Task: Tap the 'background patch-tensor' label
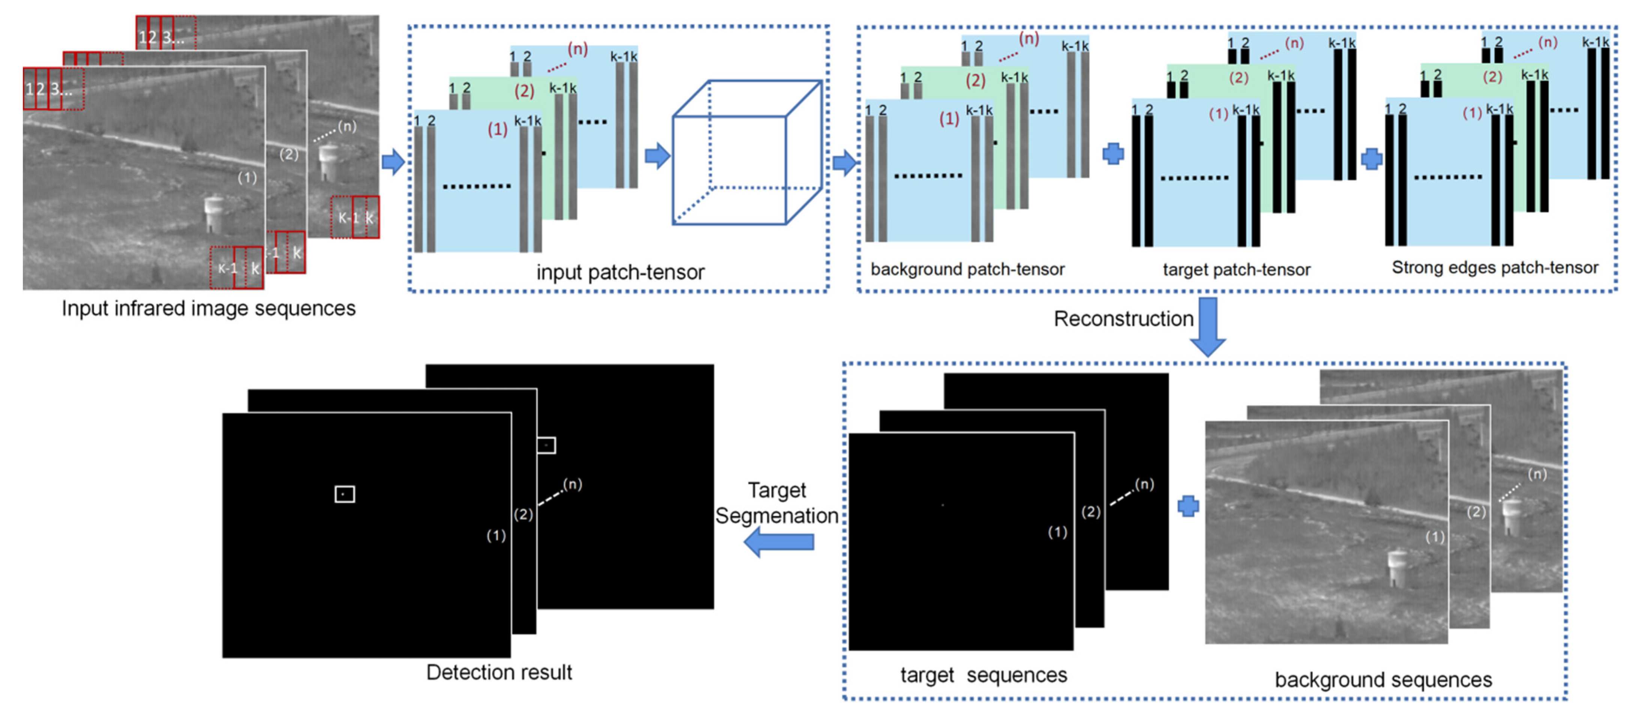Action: tap(967, 270)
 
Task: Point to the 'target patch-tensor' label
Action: tap(1236, 270)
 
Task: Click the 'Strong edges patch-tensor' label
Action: tap(1495, 267)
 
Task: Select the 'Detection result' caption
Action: tap(499, 672)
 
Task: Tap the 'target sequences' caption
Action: tap(984, 675)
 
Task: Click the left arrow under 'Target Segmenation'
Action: tap(779, 542)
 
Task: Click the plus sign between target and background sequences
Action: tap(1188, 507)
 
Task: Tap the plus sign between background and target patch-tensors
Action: tap(1113, 154)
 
